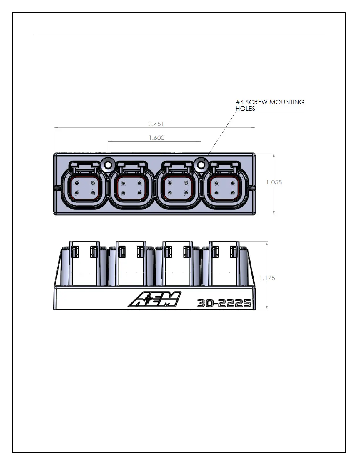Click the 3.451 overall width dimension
coord(156,124)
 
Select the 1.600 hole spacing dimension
coord(156,138)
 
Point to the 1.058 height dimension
coord(274,182)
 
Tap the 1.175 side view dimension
coord(267,278)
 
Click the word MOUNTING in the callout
coord(287,102)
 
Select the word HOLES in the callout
coord(245,109)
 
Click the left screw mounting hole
coord(108,165)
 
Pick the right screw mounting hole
coord(201,165)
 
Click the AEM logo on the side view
coord(155,299)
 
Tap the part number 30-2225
coord(224,303)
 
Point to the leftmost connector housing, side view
coord(84,263)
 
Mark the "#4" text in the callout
coord(240,102)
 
